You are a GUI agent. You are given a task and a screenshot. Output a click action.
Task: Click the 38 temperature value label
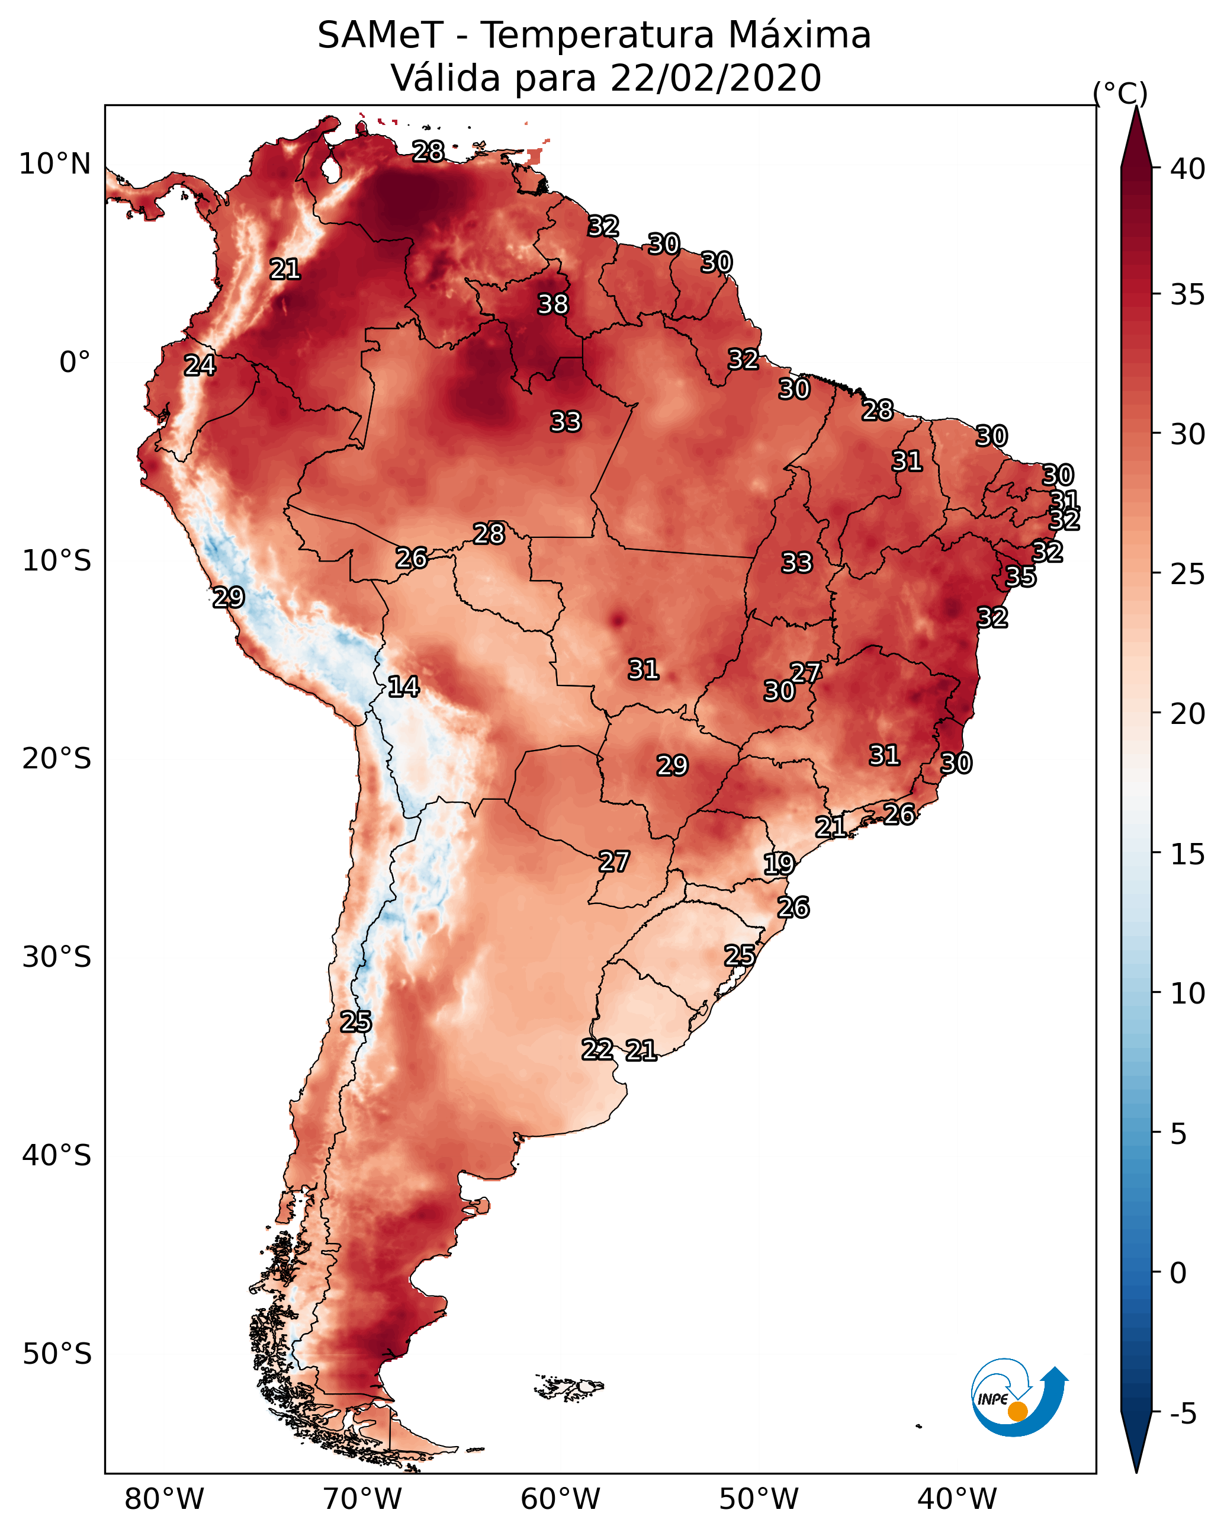(x=552, y=304)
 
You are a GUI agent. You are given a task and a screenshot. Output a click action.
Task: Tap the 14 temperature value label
(x=403, y=687)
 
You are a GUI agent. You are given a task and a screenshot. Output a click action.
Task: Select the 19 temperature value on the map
(x=779, y=864)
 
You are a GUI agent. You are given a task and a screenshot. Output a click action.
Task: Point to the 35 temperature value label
(x=1021, y=577)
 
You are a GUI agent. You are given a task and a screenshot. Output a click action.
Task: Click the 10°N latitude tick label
(x=54, y=164)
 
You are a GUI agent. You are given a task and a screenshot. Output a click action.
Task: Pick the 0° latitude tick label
(x=75, y=363)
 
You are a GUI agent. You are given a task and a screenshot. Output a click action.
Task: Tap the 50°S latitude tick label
(x=57, y=1354)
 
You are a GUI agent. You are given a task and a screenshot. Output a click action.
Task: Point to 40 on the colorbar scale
(x=1188, y=169)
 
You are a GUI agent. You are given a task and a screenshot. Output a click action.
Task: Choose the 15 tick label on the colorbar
(x=1188, y=854)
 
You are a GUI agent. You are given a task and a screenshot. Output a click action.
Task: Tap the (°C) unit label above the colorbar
(x=1120, y=93)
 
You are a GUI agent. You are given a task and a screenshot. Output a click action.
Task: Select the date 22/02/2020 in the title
(x=715, y=78)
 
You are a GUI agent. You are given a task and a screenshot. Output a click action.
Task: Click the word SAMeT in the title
(x=380, y=36)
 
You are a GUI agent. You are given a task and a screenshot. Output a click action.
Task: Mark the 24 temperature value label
(x=200, y=366)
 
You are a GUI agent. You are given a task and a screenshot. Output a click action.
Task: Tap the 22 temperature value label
(x=597, y=1050)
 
